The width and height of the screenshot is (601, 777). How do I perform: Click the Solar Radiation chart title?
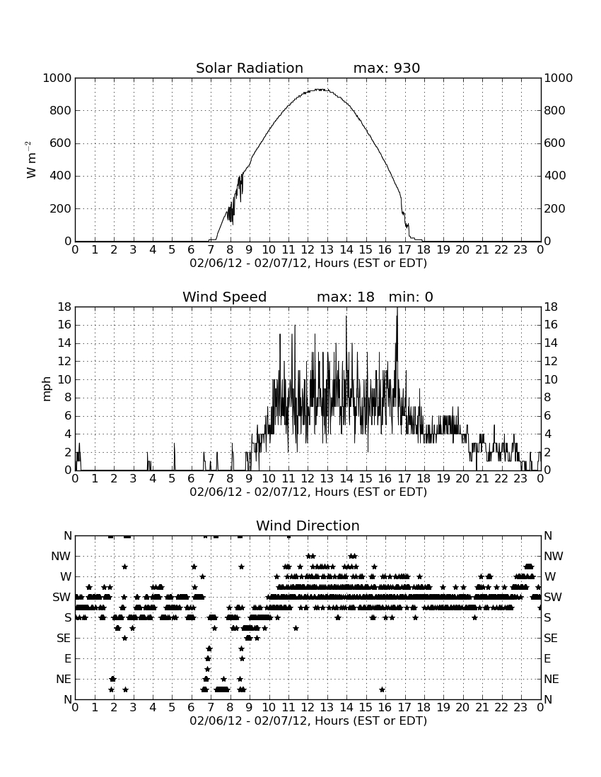point(250,68)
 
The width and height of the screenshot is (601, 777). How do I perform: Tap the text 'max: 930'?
point(387,68)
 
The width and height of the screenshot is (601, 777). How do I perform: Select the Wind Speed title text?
point(225,297)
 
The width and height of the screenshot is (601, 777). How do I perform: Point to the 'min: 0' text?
point(411,297)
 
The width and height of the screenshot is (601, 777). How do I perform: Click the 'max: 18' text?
point(346,297)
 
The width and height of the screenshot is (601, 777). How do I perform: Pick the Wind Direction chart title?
point(308,526)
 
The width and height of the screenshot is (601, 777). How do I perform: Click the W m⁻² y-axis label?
point(31,160)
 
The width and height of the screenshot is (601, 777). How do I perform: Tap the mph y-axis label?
point(47,389)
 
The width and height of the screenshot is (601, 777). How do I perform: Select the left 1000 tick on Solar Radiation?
point(57,78)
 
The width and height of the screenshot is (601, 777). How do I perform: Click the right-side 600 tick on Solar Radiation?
point(554,143)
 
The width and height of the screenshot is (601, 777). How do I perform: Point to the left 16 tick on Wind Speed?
point(65,325)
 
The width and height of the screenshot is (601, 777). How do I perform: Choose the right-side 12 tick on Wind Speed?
point(551,361)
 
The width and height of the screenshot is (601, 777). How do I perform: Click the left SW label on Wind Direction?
point(62,597)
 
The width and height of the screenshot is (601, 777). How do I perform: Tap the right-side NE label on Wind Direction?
point(552,679)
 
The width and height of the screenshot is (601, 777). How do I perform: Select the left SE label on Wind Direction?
point(64,639)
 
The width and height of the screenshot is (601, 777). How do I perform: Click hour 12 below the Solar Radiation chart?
point(308,250)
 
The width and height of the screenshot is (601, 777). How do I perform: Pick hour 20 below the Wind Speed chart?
point(462,479)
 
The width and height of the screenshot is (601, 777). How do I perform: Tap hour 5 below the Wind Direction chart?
point(172,708)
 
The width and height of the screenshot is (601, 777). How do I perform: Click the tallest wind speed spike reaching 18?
point(397,308)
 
